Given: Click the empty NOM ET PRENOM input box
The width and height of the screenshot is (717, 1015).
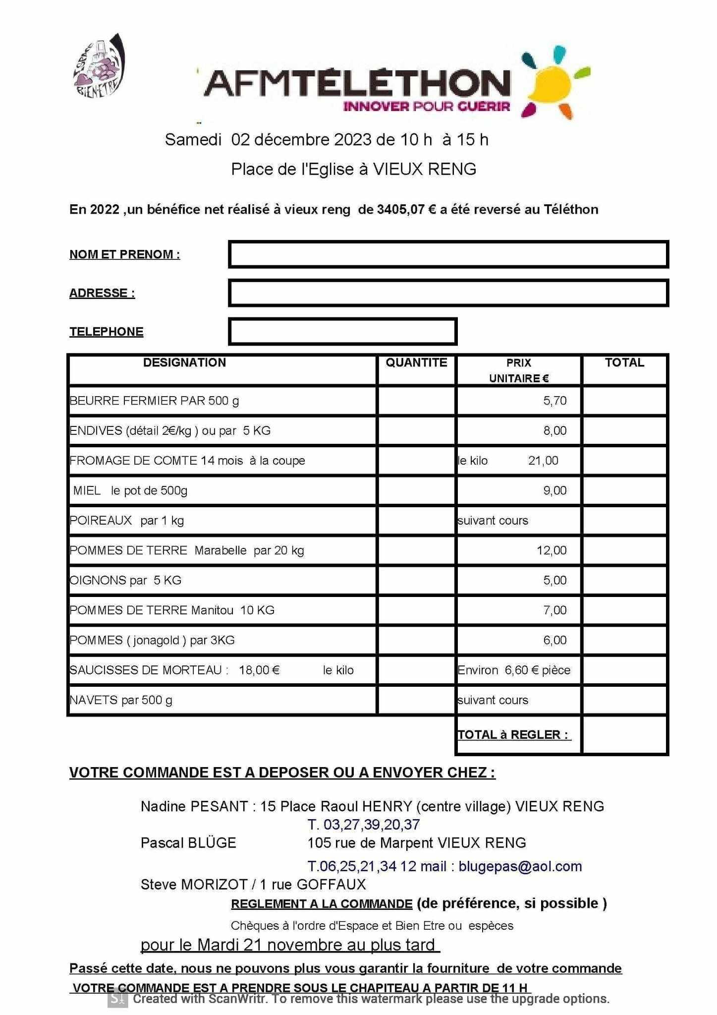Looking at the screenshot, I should click(448, 254).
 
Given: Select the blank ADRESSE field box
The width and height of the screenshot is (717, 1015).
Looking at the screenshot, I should click(448, 293).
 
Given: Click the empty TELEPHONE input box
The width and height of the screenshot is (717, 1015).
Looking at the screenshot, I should click(342, 332).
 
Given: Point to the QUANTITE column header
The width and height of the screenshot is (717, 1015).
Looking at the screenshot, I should click(416, 362).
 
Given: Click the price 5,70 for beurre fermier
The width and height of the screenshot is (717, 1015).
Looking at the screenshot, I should click(554, 401).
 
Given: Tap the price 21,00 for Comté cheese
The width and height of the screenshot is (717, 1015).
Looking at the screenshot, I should click(543, 461).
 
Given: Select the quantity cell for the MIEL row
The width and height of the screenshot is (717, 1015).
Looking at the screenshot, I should click(416, 490).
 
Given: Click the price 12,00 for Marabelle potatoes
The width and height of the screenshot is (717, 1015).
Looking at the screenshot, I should click(552, 550).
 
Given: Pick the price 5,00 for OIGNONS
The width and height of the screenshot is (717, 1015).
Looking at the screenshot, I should click(554, 580).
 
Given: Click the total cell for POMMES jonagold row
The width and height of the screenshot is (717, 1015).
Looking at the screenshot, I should click(624, 640).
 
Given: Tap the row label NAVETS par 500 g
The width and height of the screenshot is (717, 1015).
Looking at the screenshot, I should click(121, 700).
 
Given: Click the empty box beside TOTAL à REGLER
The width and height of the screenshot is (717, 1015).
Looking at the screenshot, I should click(624, 735).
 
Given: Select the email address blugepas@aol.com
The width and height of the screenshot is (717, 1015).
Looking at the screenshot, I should click(520, 866).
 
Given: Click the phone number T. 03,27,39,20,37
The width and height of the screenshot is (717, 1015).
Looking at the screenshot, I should click(364, 825).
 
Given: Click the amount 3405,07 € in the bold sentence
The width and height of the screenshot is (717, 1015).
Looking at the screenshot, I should click(406, 210).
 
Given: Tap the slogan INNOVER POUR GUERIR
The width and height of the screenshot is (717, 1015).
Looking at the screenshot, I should click(427, 106).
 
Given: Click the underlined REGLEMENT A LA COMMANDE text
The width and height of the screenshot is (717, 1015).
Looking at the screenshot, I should click(322, 904).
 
